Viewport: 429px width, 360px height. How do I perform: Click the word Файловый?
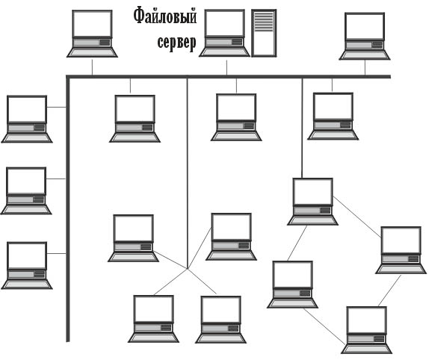tap(165, 16)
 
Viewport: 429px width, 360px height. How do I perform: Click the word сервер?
tap(176, 43)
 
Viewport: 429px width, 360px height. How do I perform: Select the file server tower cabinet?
tap(264, 33)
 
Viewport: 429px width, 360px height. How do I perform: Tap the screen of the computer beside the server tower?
tap(225, 23)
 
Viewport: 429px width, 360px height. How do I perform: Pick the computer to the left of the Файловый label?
tap(92, 34)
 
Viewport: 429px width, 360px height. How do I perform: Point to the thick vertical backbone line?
tap(67, 209)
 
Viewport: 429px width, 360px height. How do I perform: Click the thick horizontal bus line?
tap(229, 76)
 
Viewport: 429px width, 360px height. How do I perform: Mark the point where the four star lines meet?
tap(188, 269)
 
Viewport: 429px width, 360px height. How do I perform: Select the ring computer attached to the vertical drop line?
tap(312, 202)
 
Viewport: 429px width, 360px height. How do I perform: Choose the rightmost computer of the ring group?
tap(401, 250)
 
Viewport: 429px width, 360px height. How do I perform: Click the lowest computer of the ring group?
tap(366, 330)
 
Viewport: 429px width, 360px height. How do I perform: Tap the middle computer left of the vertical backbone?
tap(26, 190)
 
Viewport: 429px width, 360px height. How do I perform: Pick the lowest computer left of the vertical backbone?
tap(27, 265)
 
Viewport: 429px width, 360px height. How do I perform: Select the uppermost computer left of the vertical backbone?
tap(27, 119)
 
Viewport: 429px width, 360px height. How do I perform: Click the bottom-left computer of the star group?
tap(153, 319)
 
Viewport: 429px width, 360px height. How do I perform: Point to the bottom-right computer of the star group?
tap(220, 320)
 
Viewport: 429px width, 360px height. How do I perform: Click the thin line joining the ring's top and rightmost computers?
tap(357, 217)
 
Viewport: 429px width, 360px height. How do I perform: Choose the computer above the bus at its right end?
tap(365, 36)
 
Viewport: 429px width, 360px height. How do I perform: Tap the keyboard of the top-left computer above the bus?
tap(92, 52)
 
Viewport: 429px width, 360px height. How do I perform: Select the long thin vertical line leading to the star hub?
tap(188, 173)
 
